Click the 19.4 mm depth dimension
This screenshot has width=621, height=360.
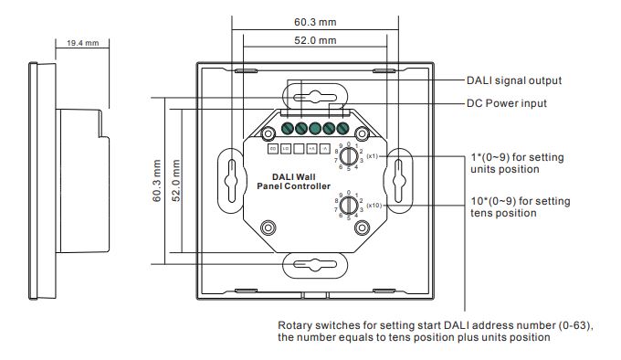coord(84,43)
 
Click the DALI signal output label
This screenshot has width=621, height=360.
coord(513,80)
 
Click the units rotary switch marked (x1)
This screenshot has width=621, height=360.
coord(348,155)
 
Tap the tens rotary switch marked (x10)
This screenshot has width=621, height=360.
coord(348,207)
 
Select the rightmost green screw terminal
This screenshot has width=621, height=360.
coord(343,129)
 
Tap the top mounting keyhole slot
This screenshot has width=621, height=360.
coord(314,95)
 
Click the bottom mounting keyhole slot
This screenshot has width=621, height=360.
coord(314,265)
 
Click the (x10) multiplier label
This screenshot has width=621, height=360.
coord(373,206)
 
